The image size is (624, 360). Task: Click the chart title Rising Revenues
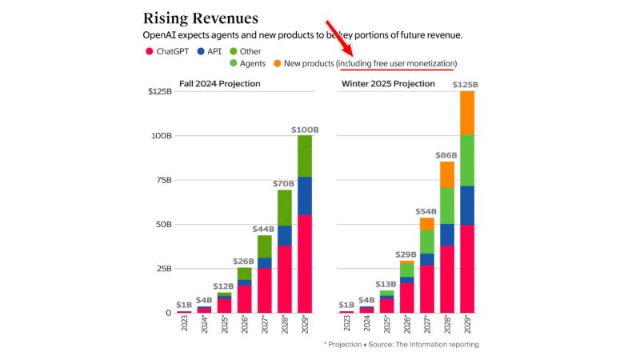tap(201, 18)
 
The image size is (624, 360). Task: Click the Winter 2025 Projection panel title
tap(388, 84)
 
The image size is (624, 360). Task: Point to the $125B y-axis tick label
tap(158, 91)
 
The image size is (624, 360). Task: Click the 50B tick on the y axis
tap(161, 225)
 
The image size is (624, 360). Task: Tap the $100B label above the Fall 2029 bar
tap(304, 129)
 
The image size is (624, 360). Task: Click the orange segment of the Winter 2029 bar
tap(467, 113)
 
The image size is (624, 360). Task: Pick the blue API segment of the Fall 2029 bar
tap(304, 195)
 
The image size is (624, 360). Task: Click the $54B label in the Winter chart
tap(426, 211)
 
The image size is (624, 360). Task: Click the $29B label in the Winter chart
tap(406, 254)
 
